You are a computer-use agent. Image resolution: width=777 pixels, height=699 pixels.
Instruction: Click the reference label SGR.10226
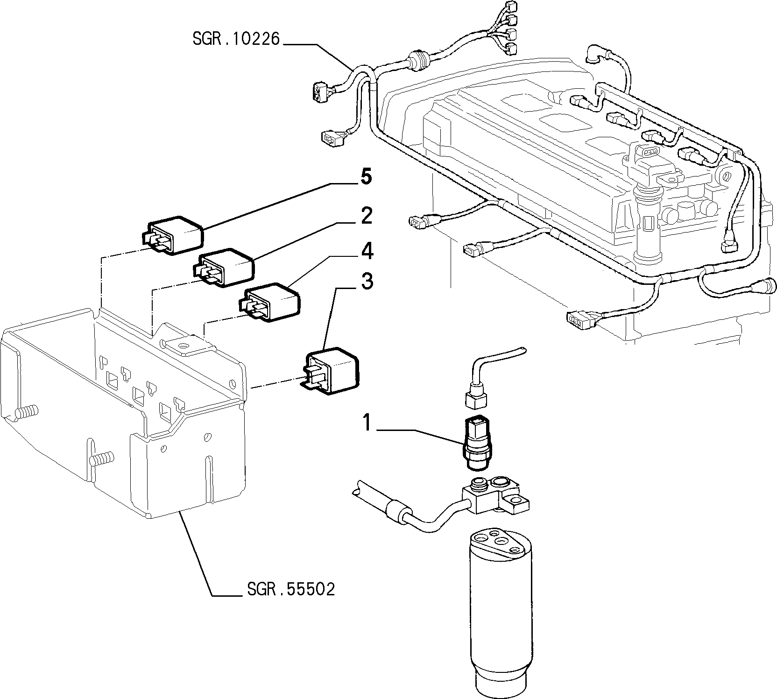click(x=236, y=38)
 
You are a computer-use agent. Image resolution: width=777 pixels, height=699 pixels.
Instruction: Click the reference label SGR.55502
click(x=291, y=589)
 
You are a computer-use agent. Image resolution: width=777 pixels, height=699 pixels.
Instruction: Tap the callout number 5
click(x=366, y=177)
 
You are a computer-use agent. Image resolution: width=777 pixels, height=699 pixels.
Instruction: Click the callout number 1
click(x=367, y=423)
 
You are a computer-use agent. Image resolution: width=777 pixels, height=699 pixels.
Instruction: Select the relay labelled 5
click(x=173, y=235)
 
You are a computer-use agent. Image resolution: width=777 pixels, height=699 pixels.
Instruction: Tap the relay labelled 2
click(x=223, y=268)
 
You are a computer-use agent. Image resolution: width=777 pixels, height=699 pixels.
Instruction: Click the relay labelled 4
click(x=269, y=301)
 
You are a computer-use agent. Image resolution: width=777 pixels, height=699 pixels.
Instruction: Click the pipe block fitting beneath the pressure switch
click(x=496, y=494)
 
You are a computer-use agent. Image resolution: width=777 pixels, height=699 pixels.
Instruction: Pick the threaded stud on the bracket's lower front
click(x=100, y=457)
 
